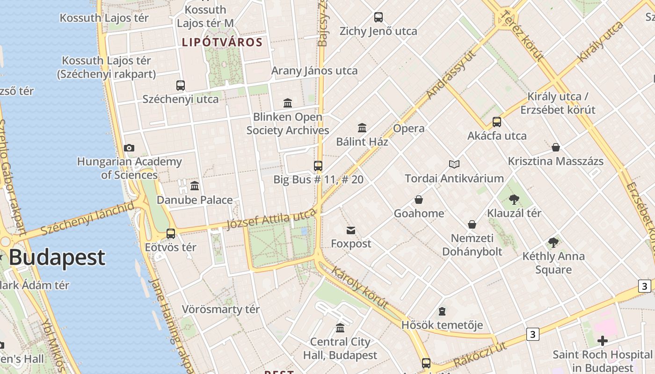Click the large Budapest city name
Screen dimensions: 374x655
click(57, 258)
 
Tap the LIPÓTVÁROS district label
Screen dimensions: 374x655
click(222, 43)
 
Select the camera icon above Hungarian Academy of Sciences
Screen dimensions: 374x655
click(129, 148)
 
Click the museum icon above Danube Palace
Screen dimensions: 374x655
click(195, 186)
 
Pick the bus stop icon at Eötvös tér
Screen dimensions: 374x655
click(171, 233)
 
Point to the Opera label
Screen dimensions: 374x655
click(409, 129)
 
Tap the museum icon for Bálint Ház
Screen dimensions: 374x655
click(362, 128)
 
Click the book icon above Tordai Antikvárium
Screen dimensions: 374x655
click(454, 164)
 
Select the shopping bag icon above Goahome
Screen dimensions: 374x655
click(419, 200)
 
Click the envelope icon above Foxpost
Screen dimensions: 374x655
click(351, 230)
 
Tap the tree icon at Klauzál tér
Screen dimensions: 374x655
click(514, 200)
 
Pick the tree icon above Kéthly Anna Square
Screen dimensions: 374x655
click(553, 242)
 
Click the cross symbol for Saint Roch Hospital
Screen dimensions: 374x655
click(603, 340)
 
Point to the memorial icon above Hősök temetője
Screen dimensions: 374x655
click(442, 311)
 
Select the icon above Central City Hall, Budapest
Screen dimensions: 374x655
click(340, 328)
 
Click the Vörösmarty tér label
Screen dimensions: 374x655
click(220, 309)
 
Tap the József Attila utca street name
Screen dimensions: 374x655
click(271, 219)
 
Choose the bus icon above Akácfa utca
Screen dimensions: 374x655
click(497, 122)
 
